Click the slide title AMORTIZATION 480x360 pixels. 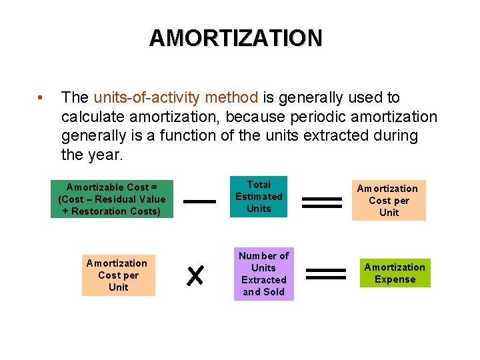tap(235, 38)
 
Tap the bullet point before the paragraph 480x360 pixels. tap(41, 98)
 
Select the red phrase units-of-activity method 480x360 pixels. tap(176, 98)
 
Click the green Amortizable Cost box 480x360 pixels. tap(112, 199)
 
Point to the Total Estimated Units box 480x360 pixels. tap(259, 197)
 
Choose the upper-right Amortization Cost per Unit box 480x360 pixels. tap(389, 201)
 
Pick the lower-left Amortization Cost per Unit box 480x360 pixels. tap(118, 275)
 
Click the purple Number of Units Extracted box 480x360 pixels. tap(263, 274)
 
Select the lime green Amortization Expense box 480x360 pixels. tap(395, 273)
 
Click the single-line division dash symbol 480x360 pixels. tap(199, 201)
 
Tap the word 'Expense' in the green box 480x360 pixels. tap(395, 279)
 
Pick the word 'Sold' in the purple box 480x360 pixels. tap(274, 292)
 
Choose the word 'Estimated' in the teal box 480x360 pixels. tap(259, 197)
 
